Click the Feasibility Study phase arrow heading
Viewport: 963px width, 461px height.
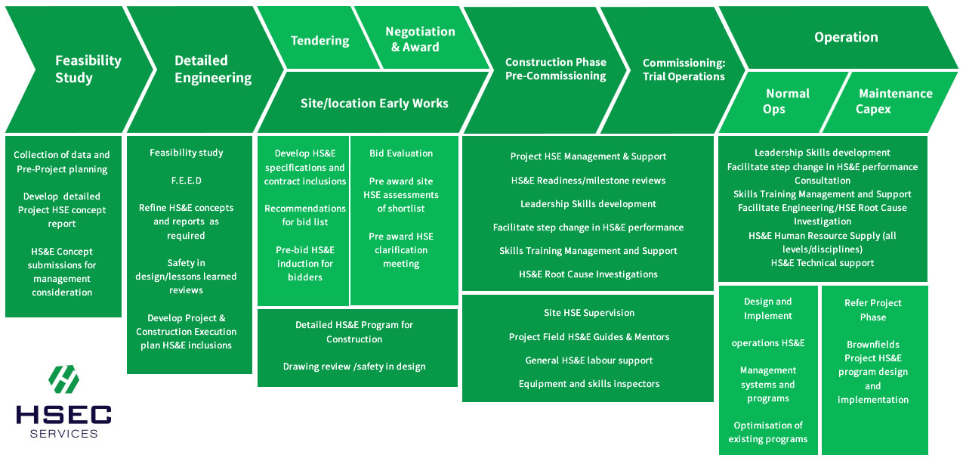(x=88, y=69)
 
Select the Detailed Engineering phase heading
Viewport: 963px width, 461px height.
(x=213, y=69)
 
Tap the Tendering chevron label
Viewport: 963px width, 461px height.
(x=319, y=40)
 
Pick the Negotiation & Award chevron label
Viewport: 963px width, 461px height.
(x=420, y=39)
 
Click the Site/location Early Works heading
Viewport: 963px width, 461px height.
(x=374, y=104)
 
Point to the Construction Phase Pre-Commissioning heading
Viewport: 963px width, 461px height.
(x=555, y=69)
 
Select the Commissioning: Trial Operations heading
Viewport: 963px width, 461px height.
(x=684, y=70)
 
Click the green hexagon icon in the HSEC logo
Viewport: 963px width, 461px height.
(x=63, y=379)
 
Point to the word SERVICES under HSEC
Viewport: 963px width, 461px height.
(x=63, y=434)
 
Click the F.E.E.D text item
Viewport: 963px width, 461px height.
(x=186, y=181)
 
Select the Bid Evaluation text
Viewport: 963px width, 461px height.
(x=401, y=153)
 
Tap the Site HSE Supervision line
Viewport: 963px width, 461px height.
(x=589, y=313)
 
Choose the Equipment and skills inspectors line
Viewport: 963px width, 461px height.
(x=589, y=384)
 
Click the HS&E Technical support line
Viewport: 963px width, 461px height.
(x=823, y=263)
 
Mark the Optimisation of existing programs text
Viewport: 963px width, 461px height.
(x=768, y=432)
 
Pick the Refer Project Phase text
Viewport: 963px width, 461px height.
(x=872, y=310)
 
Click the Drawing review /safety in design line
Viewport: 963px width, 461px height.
(x=354, y=367)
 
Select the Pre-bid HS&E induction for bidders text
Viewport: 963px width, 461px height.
(x=305, y=264)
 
